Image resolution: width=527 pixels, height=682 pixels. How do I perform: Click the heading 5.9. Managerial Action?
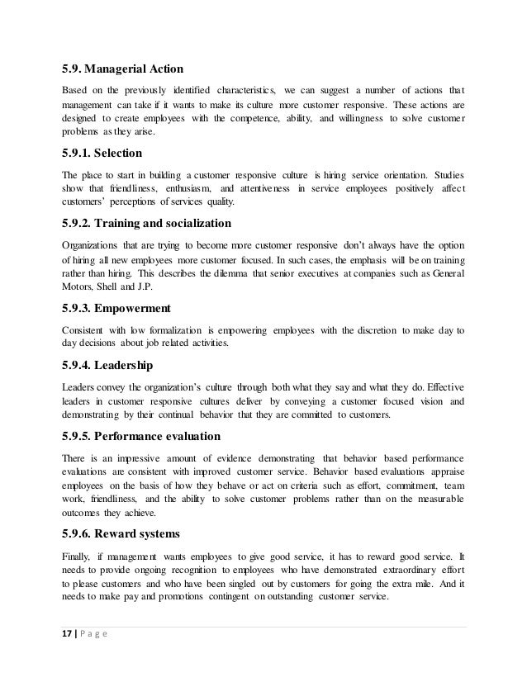(123, 69)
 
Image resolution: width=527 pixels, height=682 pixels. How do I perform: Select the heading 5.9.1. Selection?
(102, 154)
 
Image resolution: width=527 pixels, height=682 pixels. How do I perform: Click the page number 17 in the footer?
(69, 635)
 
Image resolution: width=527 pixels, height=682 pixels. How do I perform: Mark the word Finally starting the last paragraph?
(80, 555)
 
